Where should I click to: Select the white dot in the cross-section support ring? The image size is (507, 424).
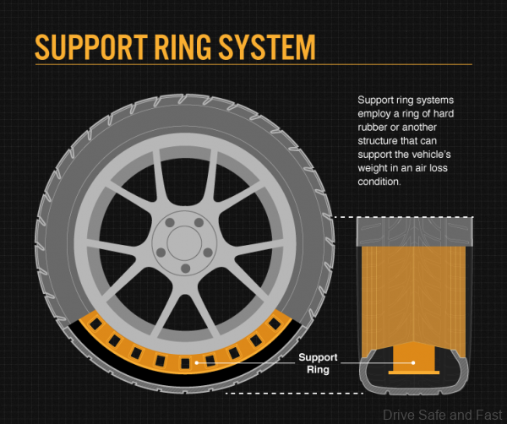click(x=413, y=362)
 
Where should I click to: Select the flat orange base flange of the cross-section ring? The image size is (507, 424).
click(x=413, y=371)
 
